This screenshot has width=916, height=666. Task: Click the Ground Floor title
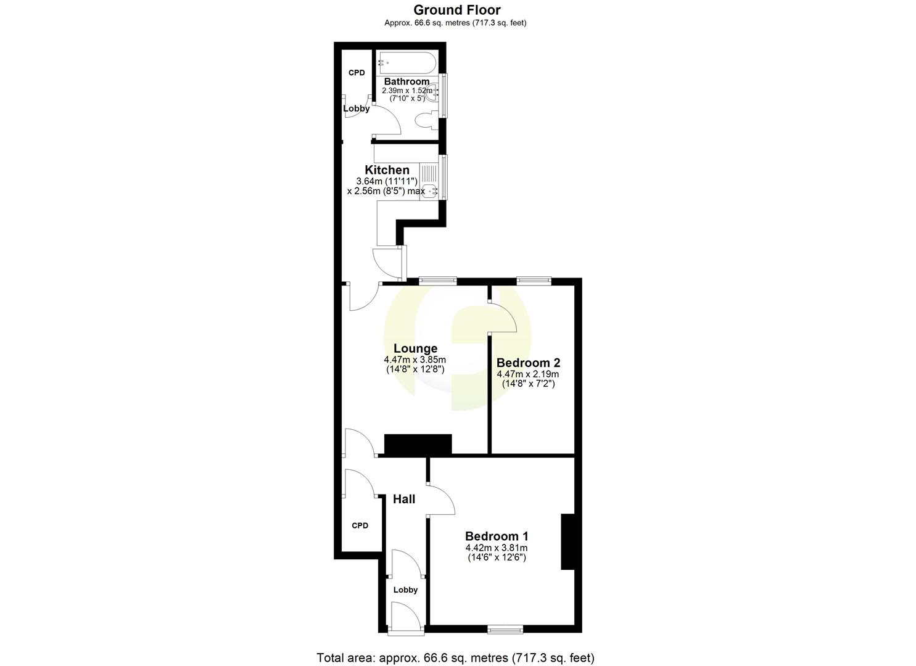coord(456,10)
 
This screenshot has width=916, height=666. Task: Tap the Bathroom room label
coord(406,81)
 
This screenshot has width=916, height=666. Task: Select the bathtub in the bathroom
coord(408,63)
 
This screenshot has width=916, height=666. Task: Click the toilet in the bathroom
coord(426,121)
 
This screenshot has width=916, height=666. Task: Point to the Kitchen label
coord(387,170)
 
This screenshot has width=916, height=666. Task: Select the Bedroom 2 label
coord(528,363)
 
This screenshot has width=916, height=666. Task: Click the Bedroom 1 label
coord(496,536)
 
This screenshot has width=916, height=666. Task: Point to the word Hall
coord(404,499)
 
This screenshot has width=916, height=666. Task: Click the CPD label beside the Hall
coord(360,526)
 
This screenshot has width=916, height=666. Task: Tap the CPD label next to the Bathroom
coord(357,73)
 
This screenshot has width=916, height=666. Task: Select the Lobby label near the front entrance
coord(405,590)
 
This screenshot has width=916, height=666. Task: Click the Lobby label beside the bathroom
coord(357,109)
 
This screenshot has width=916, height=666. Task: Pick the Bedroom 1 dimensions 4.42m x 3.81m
coord(496,548)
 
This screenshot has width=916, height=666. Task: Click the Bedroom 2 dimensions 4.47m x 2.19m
coord(528,374)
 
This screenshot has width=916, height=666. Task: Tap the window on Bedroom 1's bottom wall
coord(505,630)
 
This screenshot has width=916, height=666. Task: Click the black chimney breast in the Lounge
coord(418,445)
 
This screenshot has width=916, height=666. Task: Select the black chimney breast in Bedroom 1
coord(567,541)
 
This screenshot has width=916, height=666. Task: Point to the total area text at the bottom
coord(455,657)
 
